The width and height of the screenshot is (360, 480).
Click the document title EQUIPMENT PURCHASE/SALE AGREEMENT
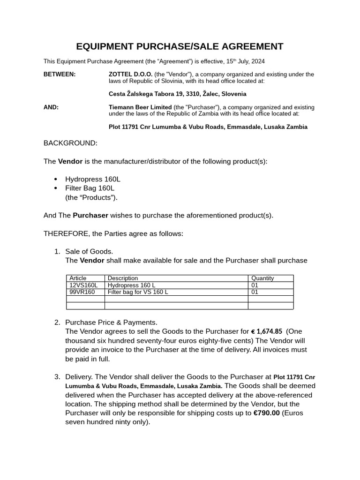tap(180, 46)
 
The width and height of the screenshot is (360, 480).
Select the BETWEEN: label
tap(60, 75)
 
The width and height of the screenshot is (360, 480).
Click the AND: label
tap(51, 107)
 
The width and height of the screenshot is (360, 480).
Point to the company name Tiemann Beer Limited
tap(140, 107)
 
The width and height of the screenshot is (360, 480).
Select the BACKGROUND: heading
tap(70, 143)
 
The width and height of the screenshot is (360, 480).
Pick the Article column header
tap(78, 278)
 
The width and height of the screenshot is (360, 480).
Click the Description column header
tap(123, 278)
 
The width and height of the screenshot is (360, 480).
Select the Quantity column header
tap(262, 278)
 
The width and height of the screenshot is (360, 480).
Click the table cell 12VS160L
tap(83, 285)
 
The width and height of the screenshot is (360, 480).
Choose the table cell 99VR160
tap(82, 292)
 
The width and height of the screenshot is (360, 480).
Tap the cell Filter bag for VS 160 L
tap(138, 292)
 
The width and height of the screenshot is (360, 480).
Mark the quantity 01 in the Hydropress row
tap(255, 285)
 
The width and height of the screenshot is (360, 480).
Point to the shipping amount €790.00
tap(266, 413)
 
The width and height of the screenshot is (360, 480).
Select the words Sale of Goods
tap(89, 252)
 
